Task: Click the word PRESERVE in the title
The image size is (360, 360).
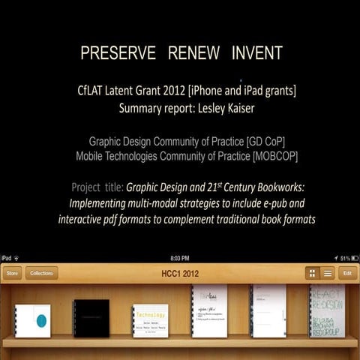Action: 118,53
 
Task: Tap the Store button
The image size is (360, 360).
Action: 12,273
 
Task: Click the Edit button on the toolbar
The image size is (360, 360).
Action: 346,273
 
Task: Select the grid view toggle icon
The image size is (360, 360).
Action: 311,273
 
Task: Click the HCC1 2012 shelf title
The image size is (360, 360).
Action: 179,273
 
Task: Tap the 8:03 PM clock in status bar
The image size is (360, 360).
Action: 180,258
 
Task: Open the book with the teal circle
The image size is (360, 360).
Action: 32,320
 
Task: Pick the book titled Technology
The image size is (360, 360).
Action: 150,320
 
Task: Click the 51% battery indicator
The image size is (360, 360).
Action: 346,258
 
